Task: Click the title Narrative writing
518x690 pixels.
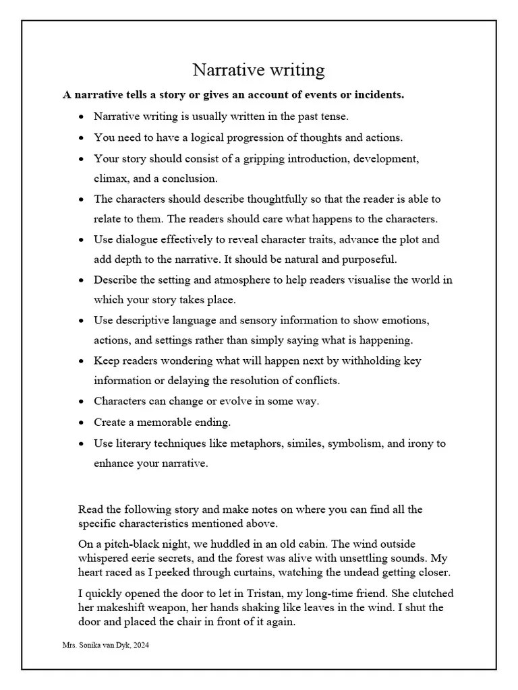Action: [x=258, y=69]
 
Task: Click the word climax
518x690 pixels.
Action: [x=112, y=179]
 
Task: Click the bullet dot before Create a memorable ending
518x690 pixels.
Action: [x=81, y=422]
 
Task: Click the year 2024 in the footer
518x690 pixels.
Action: [x=141, y=645]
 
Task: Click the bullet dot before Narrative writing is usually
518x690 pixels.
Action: [x=81, y=117]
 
